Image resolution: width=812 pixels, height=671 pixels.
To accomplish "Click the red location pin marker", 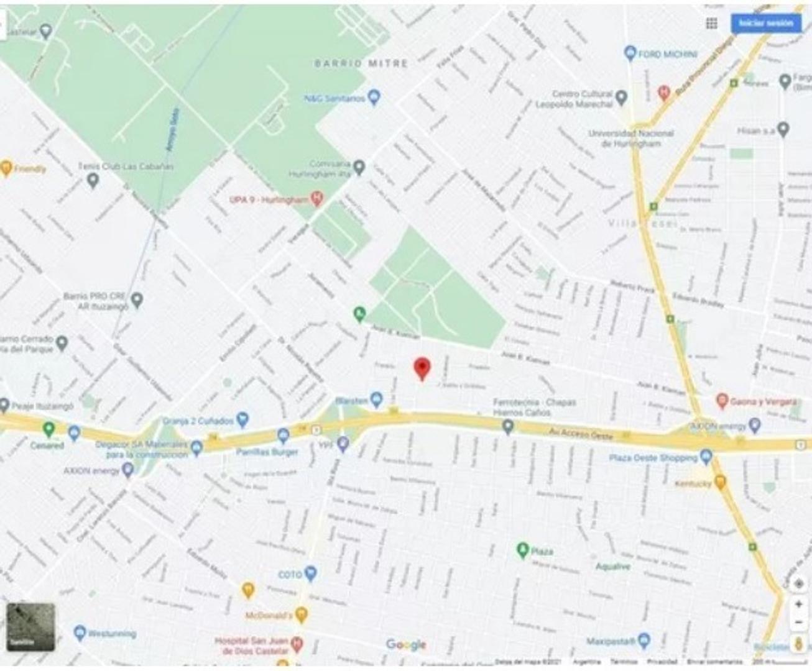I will pos(422,368).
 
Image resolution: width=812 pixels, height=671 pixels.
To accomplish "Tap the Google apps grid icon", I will pos(712,24).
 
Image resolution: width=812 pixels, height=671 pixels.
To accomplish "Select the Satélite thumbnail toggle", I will pos(30,627).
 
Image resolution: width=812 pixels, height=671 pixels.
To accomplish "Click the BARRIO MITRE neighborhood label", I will pos(361,63).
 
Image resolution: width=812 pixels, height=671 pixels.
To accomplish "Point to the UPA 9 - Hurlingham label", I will pos(269,199).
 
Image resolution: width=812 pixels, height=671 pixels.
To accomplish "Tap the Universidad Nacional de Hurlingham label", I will pos(630,138).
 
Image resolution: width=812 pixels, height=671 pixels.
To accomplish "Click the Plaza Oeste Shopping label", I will pos(653,458).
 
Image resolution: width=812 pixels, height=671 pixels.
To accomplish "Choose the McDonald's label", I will pos(269,615).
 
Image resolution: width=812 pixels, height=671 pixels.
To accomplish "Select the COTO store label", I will pos(290,575).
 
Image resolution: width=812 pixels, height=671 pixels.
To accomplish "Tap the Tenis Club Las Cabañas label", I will pos(126,167).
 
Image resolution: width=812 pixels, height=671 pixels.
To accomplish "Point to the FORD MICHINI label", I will pos(668,54).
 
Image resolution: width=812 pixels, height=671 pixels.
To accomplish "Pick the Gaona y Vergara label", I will pos(763,401).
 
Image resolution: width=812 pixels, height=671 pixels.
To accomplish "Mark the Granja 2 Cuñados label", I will pos(198,421).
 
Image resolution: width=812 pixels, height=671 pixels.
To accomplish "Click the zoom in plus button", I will pos(798,604).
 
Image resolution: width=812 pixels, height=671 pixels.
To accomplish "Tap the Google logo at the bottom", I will pos(406,645).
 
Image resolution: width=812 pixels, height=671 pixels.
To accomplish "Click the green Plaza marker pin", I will pos(522,550).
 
